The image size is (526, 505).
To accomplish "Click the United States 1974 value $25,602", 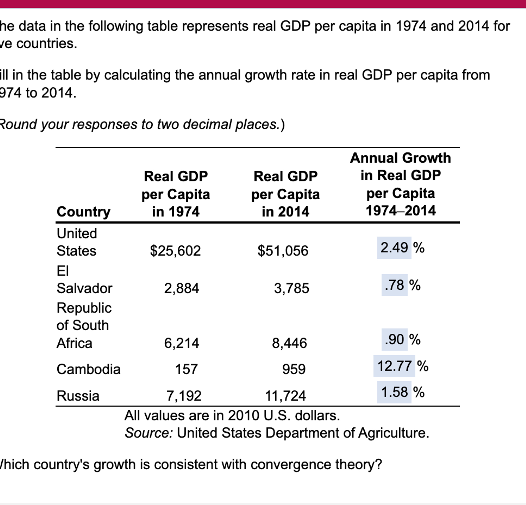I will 175,250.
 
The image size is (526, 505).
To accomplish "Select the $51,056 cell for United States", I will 283,250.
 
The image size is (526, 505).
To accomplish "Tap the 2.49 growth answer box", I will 394,248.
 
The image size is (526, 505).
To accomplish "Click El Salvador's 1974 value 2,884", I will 181,288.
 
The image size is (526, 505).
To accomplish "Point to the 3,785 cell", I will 291,288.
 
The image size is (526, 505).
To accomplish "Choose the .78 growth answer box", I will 394,285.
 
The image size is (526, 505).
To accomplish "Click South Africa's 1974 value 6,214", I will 181,343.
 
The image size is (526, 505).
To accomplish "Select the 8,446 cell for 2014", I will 289,343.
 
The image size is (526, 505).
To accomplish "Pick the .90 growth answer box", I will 394,340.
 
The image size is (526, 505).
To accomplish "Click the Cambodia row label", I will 88,369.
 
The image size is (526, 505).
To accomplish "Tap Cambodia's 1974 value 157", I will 186,369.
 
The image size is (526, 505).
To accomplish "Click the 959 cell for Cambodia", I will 294,369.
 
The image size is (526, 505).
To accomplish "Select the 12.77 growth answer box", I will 394,366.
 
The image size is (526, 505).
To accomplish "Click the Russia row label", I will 78,396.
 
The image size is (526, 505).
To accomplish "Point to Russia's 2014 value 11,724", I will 285,396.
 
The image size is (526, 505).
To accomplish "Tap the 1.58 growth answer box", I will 394,392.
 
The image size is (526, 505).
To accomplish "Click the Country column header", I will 83,212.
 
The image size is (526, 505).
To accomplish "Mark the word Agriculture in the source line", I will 393,433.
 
